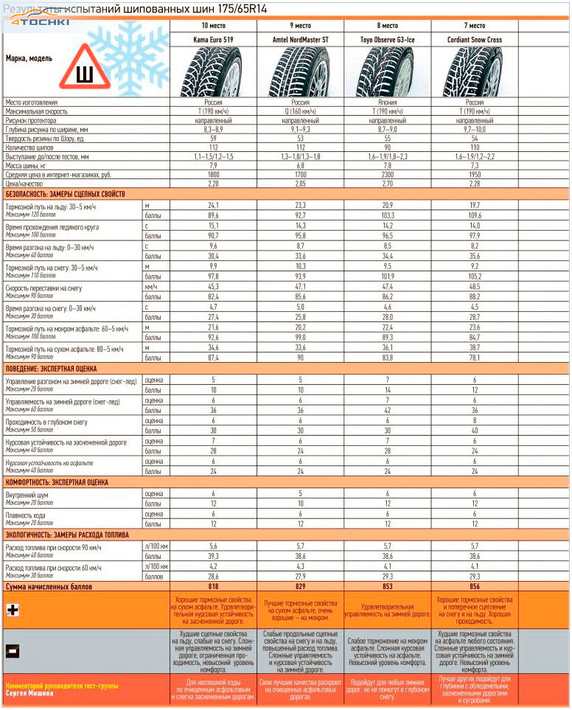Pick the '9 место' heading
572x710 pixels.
300,25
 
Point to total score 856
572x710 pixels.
475,585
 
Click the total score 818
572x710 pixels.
213,585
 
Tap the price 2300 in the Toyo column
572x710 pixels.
388,175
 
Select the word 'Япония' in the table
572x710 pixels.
388,102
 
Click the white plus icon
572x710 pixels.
13,610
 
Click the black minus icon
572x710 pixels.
13,651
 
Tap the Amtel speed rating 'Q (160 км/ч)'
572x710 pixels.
300,111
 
